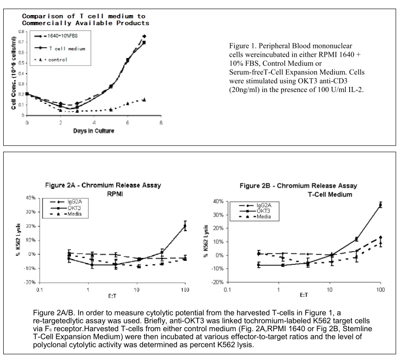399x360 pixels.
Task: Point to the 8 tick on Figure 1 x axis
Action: [x=161, y=123]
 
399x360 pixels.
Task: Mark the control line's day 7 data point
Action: [x=144, y=99]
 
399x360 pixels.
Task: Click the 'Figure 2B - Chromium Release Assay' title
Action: [x=298, y=186]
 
